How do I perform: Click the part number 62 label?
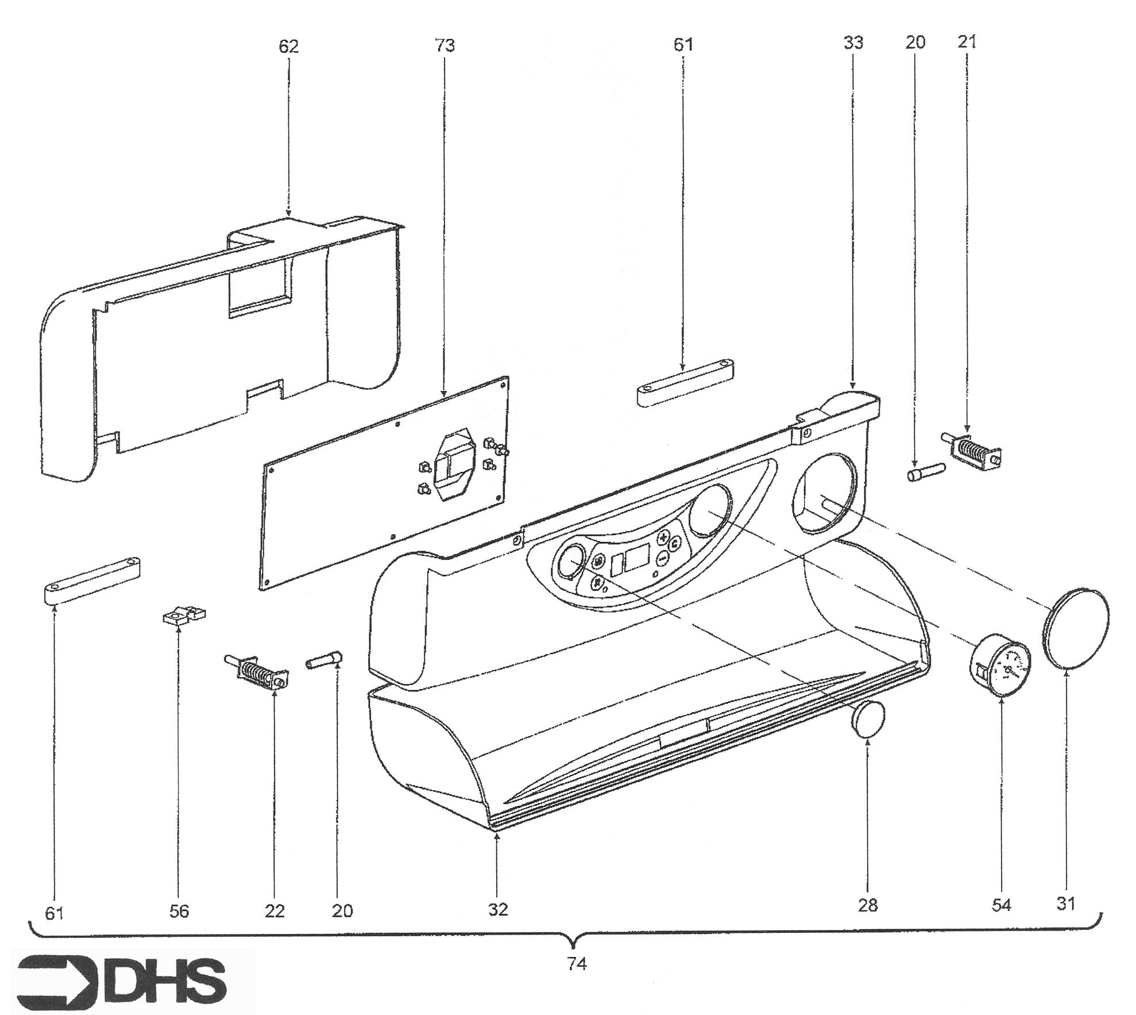288,46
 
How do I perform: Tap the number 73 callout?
445,45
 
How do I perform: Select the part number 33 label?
853,43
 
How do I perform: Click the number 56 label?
179,911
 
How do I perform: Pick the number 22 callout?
275,911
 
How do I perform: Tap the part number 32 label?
498,909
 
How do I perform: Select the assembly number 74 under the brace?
577,964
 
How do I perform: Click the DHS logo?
122,978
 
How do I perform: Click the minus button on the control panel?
662,556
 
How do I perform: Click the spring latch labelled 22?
256,671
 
